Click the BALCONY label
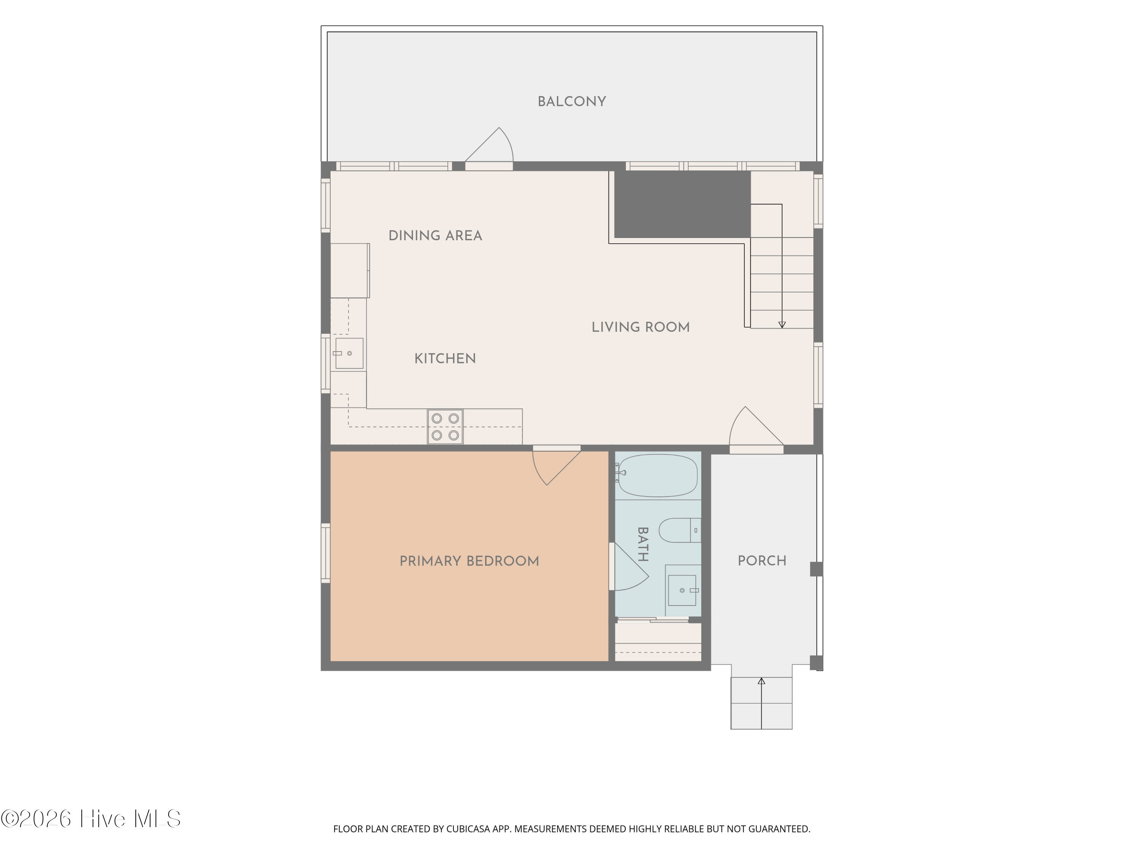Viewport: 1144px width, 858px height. [x=572, y=101]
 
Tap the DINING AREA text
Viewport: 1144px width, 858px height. [x=435, y=235]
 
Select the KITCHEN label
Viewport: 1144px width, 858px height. [x=445, y=358]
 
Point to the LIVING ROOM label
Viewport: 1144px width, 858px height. [x=640, y=327]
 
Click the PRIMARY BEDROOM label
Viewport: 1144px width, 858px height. [x=469, y=561]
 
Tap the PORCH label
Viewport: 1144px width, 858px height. [x=762, y=561]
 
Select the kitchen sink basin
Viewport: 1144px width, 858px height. [x=349, y=353]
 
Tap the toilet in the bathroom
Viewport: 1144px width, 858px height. [x=680, y=530]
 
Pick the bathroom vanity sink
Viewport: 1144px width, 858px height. [x=682, y=590]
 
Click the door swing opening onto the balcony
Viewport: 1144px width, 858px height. [x=489, y=145]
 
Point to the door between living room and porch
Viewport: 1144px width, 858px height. [x=756, y=427]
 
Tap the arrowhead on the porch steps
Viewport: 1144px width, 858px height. [x=761, y=681]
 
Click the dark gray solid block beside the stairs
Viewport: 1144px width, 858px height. [x=682, y=204]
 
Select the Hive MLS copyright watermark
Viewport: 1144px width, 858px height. [x=91, y=819]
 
